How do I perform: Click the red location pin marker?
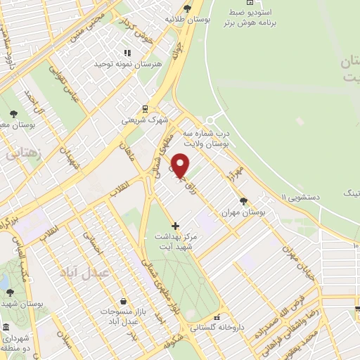pos(181,165)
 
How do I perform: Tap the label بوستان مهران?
pos(236,211)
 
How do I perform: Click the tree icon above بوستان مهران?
pos(243,200)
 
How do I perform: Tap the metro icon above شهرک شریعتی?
pos(145,108)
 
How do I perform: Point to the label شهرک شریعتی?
pos(145,120)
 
